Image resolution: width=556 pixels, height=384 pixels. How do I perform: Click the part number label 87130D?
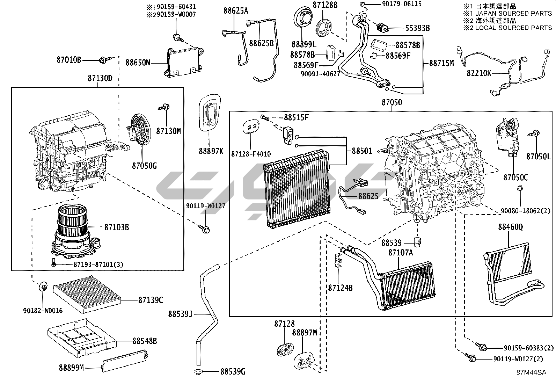point(100,78)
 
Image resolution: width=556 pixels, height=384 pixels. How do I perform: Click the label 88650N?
point(138,63)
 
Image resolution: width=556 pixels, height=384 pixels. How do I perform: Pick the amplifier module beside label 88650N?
point(184,62)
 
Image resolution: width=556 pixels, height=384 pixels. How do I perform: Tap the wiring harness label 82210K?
point(479,73)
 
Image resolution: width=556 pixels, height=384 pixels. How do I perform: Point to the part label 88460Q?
point(511,227)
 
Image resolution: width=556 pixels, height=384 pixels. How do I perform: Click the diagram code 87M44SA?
point(531,372)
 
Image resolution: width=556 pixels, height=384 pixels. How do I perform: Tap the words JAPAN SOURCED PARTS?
point(513,13)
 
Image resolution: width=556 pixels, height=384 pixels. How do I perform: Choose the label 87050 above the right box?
point(392,102)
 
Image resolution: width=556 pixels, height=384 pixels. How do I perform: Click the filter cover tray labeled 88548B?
point(82,335)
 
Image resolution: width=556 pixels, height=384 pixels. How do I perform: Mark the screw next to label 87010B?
point(104,60)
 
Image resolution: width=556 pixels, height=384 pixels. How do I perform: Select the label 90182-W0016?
point(43,311)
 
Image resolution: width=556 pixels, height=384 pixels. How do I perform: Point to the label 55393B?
point(417,28)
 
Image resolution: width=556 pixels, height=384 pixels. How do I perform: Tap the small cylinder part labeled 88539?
point(418,242)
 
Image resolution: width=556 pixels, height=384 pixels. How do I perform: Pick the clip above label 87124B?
point(338,260)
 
